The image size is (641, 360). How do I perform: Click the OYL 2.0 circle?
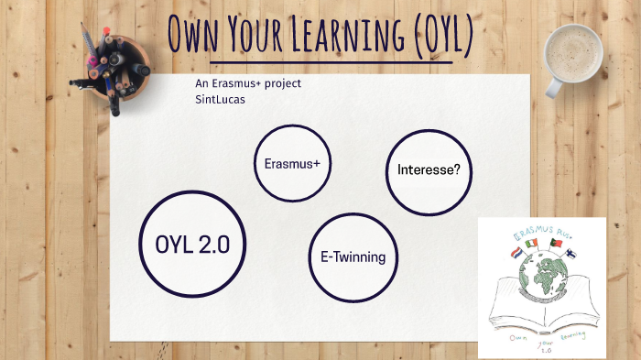pos(192,244)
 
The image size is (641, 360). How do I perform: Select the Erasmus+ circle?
pos(291,163)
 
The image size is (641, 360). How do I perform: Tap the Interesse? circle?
pos(429,171)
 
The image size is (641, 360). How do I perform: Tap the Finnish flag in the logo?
pos(573,249)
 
